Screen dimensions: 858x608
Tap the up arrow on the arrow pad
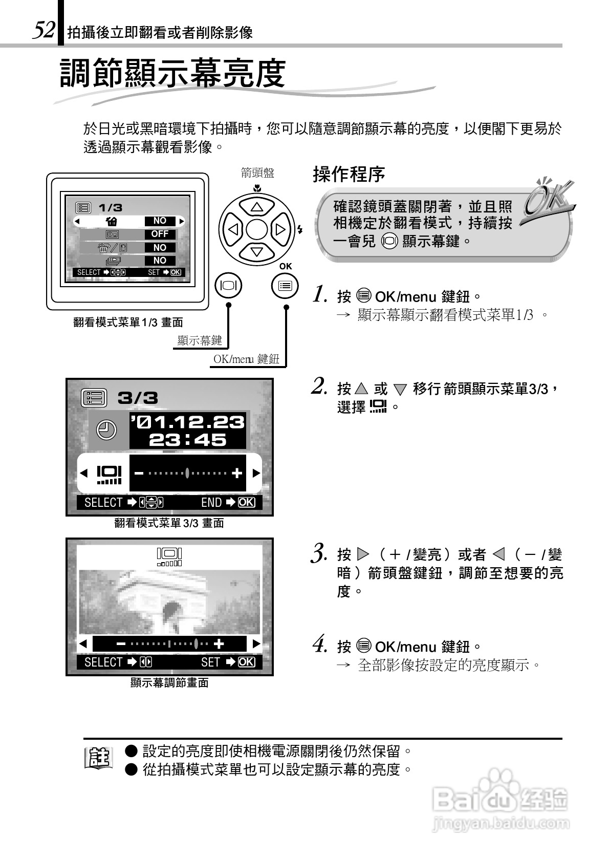(257, 207)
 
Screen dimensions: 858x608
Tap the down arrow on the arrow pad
(257, 251)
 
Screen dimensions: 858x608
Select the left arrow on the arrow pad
(233, 229)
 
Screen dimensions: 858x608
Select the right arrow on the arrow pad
(280, 229)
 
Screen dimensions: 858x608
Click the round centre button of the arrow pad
(257, 229)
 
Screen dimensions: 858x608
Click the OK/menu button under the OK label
(285, 286)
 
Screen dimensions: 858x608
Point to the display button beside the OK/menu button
(229, 286)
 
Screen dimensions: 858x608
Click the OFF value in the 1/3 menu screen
(160, 234)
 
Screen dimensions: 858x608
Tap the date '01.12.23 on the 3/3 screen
(187, 422)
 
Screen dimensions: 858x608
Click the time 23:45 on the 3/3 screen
(187, 440)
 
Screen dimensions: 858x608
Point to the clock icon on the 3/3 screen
(106, 430)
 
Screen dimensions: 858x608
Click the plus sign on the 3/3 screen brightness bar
(236, 474)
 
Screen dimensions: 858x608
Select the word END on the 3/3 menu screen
(211, 502)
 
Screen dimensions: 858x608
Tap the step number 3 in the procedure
(319, 554)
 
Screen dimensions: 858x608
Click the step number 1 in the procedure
(320, 295)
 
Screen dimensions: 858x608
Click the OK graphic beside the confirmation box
(548, 200)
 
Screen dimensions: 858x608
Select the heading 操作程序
(349, 175)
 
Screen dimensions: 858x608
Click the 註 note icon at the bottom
(98, 759)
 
